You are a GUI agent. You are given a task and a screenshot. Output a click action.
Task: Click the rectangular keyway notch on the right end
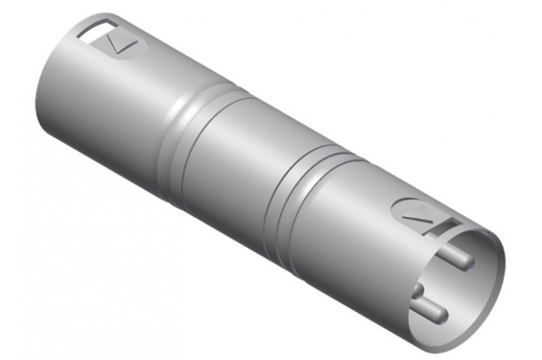point(448,228)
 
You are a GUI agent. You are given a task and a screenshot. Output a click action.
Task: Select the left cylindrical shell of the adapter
point(106,101)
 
